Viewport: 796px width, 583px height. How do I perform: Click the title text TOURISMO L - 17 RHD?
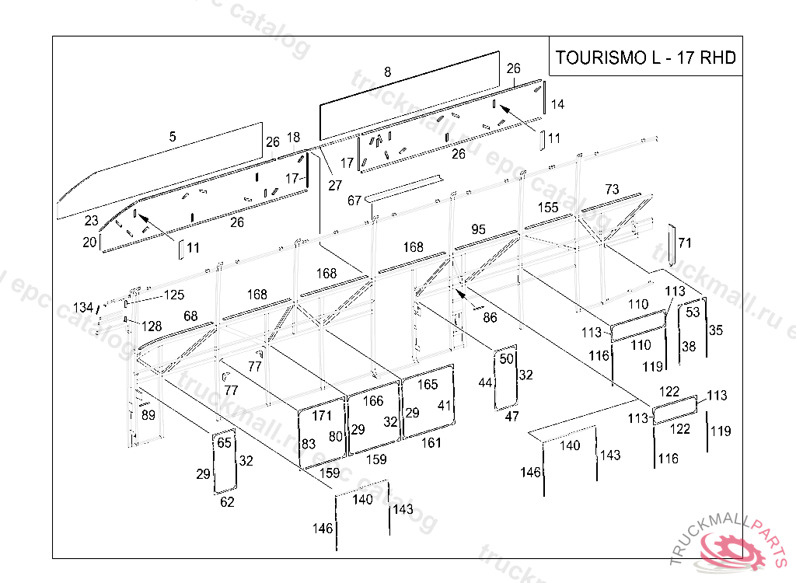pyautogui.click(x=645, y=58)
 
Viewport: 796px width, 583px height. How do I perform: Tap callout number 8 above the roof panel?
pyautogui.click(x=387, y=72)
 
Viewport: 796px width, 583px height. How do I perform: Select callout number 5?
pyautogui.click(x=173, y=137)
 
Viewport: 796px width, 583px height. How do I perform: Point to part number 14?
pyautogui.click(x=557, y=104)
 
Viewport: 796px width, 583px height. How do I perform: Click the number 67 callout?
pyautogui.click(x=354, y=201)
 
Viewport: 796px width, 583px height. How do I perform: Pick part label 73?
pyautogui.click(x=612, y=190)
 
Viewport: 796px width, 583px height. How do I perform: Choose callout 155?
pyautogui.click(x=548, y=208)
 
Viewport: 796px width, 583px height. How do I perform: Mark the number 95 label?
pyautogui.click(x=478, y=229)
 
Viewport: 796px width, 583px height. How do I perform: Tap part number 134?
pyautogui.click(x=83, y=307)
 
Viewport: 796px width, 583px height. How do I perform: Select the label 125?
pyautogui.click(x=173, y=295)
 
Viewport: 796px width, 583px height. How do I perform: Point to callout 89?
pyautogui.click(x=148, y=415)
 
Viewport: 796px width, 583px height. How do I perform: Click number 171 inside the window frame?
pyautogui.click(x=321, y=416)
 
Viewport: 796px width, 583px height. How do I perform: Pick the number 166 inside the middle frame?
pyautogui.click(x=373, y=401)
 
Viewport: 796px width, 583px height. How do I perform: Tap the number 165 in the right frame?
pyautogui.click(x=428, y=385)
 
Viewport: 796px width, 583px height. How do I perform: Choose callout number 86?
pyautogui.click(x=490, y=317)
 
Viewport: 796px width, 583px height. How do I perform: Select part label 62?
pyautogui.click(x=227, y=502)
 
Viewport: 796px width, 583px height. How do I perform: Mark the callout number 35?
pyautogui.click(x=716, y=330)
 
